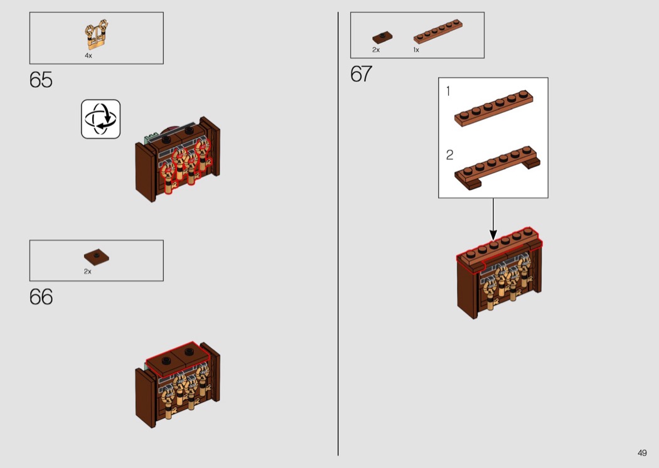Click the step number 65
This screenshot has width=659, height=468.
(x=41, y=80)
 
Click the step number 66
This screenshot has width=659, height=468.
(x=41, y=297)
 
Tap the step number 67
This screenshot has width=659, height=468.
(x=362, y=74)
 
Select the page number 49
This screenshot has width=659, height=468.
(x=641, y=453)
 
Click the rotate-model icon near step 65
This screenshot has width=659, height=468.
(x=100, y=119)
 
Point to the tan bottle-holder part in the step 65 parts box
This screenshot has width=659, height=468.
(x=97, y=36)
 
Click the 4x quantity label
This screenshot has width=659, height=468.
(x=88, y=56)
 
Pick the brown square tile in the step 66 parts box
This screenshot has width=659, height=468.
(x=97, y=256)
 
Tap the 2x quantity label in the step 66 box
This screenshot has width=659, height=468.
(x=88, y=272)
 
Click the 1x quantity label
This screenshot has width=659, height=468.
(x=416, y=50)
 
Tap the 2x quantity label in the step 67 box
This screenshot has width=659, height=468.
(x=376, y=50)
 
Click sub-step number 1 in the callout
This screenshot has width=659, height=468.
(x=448, y=92)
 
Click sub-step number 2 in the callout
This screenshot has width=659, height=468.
(x=449, y=155)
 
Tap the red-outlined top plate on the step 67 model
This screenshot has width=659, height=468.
(x=499, y=249)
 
